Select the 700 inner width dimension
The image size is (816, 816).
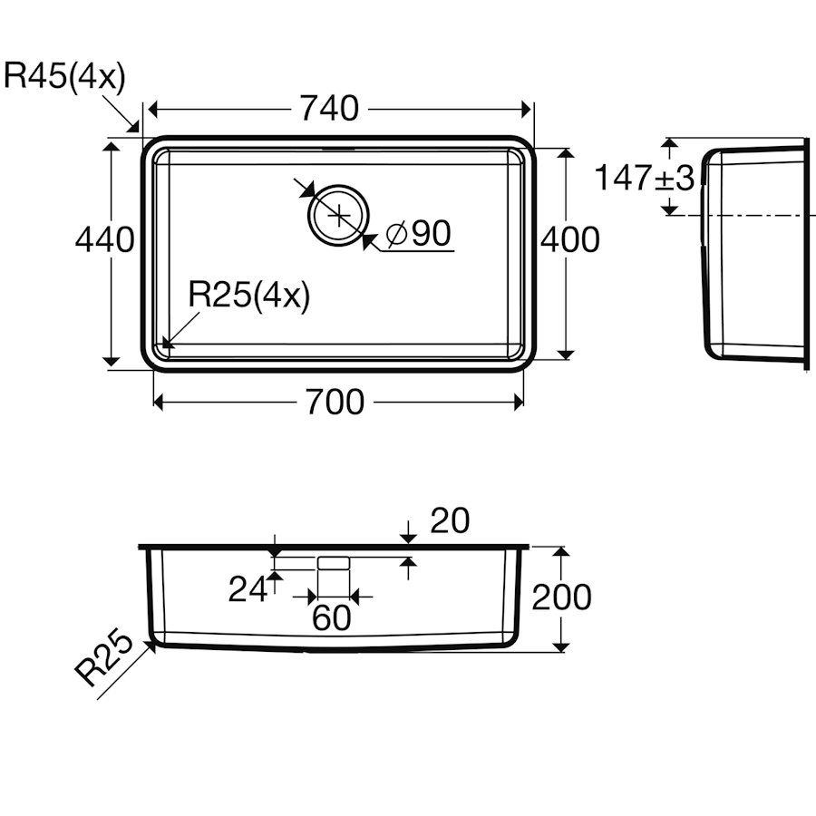[x=335, y=402]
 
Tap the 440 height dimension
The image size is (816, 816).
[x=104, y=240]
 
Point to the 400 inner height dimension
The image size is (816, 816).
[x=570, y=240]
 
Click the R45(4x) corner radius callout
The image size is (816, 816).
[x=64, y=76]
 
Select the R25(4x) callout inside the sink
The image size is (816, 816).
[x=248, y=295]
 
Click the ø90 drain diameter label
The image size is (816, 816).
[x=419, y=233]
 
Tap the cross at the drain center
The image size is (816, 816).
[x=338, y=215]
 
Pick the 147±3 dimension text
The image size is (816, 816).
[x=645, y=178]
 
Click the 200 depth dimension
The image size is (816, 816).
[x=561, y=597]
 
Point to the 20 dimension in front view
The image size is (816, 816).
[x=450, y=520]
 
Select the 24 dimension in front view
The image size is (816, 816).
[x=248, y=589]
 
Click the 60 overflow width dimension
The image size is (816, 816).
[x=332, y=617]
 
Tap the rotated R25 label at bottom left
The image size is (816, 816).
[x=104, y=658]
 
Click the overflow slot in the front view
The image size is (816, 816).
[x=334, y=562]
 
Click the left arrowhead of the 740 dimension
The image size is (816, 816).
[x=153, y=110]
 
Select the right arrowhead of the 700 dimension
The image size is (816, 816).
[x=519, y=403]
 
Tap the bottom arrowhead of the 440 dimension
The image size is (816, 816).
[x=111, y=361]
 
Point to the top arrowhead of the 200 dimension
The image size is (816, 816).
[x=560, y=551]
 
